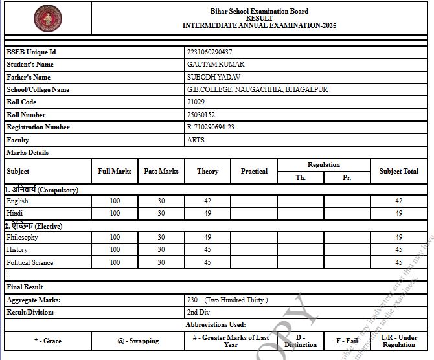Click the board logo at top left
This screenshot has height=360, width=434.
coord(47,19)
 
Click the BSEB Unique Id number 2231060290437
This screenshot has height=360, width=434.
coord(209,52)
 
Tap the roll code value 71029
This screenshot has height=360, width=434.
coord(196,102)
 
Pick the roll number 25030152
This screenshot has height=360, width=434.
coord(201,115)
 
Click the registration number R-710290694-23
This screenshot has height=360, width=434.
coord(211,128)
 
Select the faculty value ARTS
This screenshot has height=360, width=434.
coord(196,140)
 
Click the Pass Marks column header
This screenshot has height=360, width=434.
coord(161,172)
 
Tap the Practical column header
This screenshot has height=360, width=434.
coord(254,172)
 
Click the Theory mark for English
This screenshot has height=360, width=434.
coord(207,201)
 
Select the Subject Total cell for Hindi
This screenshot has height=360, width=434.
coord(398,213)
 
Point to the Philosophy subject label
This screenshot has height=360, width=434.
coord(23,238)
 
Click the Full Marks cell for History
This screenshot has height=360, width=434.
coord(115,250)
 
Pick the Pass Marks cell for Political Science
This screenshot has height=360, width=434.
coord(161,262)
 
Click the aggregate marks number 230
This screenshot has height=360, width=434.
coord(192,300)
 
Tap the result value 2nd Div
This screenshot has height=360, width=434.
coord(198,313)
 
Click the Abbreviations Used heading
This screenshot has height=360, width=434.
coord(216,325)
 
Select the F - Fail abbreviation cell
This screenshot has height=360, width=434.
coord(347,341)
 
